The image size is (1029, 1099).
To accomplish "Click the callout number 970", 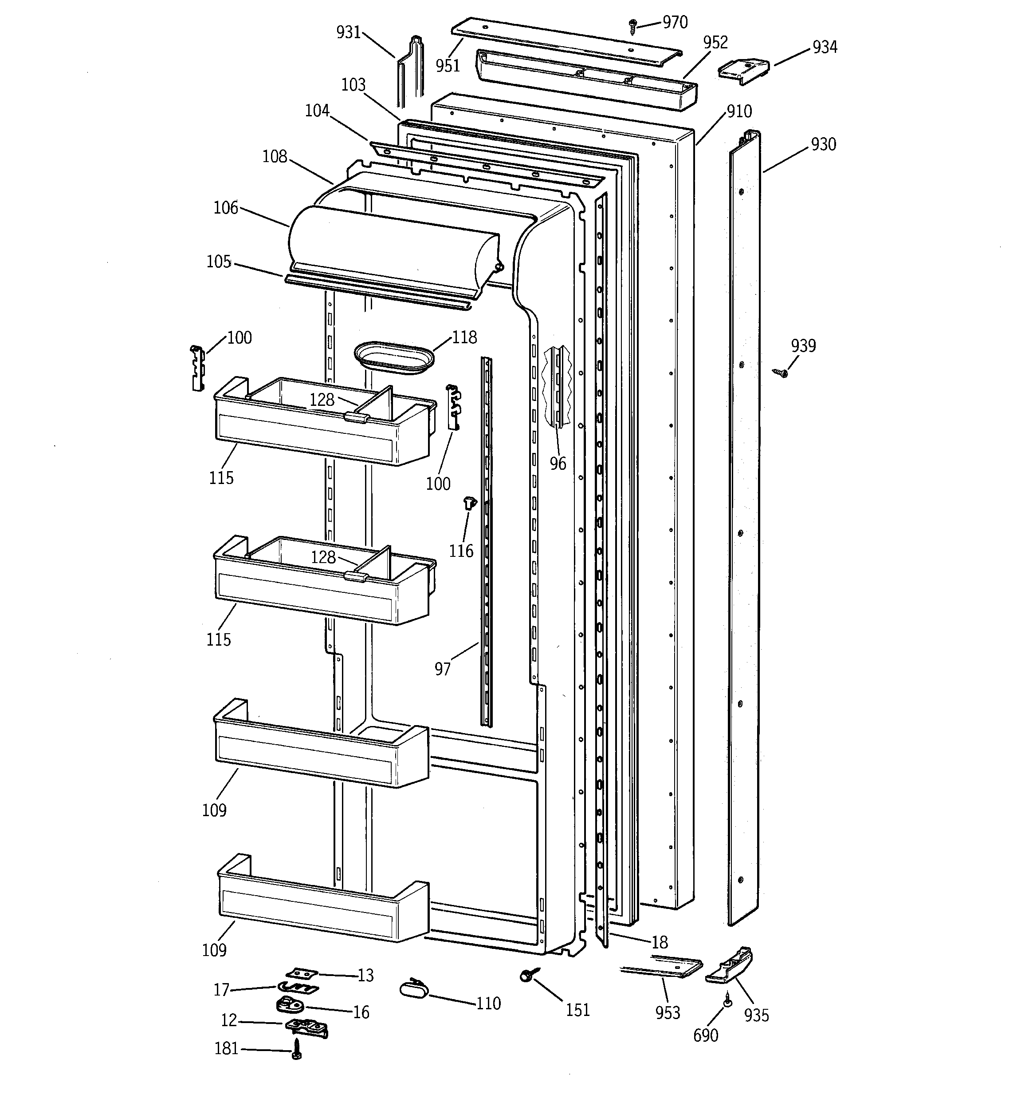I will (675, 22).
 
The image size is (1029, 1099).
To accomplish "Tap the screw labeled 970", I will (633, 25).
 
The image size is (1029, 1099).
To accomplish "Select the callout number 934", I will (824, 47).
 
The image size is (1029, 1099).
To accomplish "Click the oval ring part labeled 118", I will (394, 357).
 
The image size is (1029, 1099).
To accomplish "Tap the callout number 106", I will (225, 208).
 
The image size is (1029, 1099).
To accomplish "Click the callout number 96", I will (558, 463).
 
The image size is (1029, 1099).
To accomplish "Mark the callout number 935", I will (756, 1015).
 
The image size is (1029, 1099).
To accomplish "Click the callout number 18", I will (660, 941).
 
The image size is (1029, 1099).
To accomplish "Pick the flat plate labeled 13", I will (302, 972).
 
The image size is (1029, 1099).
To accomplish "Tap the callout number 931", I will (349, 32).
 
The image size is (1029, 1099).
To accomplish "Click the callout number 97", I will (442, 669).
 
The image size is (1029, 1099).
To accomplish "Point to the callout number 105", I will (219, 262).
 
